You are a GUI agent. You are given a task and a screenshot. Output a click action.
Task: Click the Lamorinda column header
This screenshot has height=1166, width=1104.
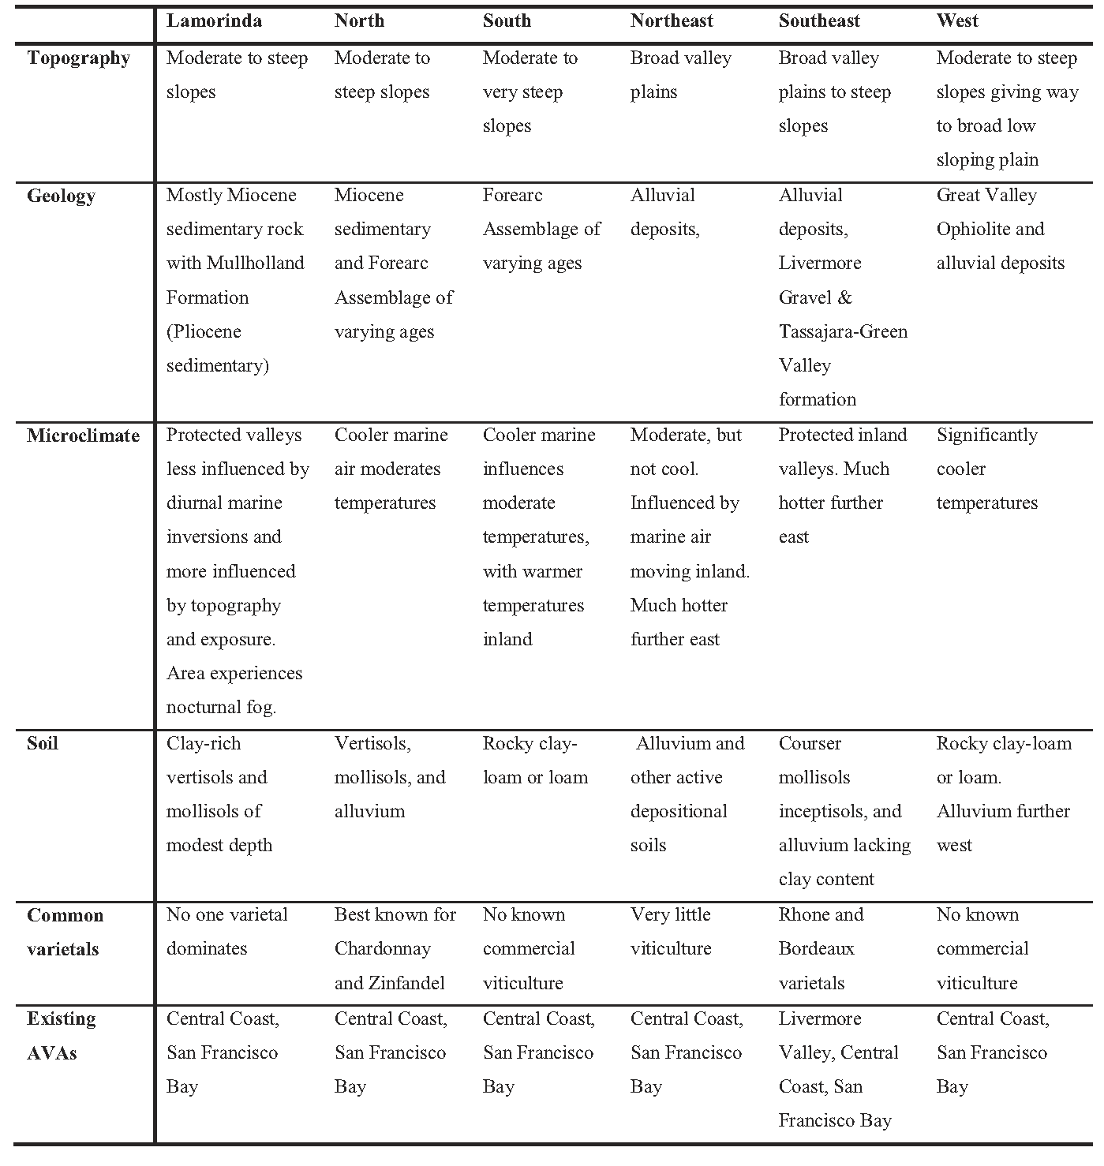[x=214, y=21]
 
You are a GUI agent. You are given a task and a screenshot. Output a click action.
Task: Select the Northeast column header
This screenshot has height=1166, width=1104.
[x=672, y=21]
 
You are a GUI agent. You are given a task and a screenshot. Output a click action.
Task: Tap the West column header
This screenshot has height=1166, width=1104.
[x=957, y=21]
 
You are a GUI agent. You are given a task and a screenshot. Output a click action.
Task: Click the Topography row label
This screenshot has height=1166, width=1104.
[x=78, y=58]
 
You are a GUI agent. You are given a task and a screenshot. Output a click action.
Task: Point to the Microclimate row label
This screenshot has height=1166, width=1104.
[x=83, y=435]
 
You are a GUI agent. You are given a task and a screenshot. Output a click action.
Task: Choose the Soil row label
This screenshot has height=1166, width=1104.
[x=43, y=743]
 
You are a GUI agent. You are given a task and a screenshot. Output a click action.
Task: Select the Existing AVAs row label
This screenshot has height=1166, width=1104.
[x=62, y=1036]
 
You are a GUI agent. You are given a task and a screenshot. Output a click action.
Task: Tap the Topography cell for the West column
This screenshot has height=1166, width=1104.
[x=1007, y=109]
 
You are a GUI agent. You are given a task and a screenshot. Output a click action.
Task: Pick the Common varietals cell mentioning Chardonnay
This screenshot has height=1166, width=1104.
[x=395, y=949]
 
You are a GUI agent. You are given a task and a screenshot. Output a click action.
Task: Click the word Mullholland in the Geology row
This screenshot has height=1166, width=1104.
[x=255, y=263]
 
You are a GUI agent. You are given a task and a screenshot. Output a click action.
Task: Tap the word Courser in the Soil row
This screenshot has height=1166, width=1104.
[x=810, y=743]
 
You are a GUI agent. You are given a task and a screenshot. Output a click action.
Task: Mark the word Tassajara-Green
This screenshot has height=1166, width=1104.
[x=843, y=331]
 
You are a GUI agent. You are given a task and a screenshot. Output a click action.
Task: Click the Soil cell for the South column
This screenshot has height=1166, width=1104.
[x=535, y=761]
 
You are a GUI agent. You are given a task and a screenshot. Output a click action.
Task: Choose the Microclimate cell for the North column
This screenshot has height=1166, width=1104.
[x=391, y=469]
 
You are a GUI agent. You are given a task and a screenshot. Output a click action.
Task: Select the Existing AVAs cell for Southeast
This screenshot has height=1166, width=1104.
[x=838, y=1069]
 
